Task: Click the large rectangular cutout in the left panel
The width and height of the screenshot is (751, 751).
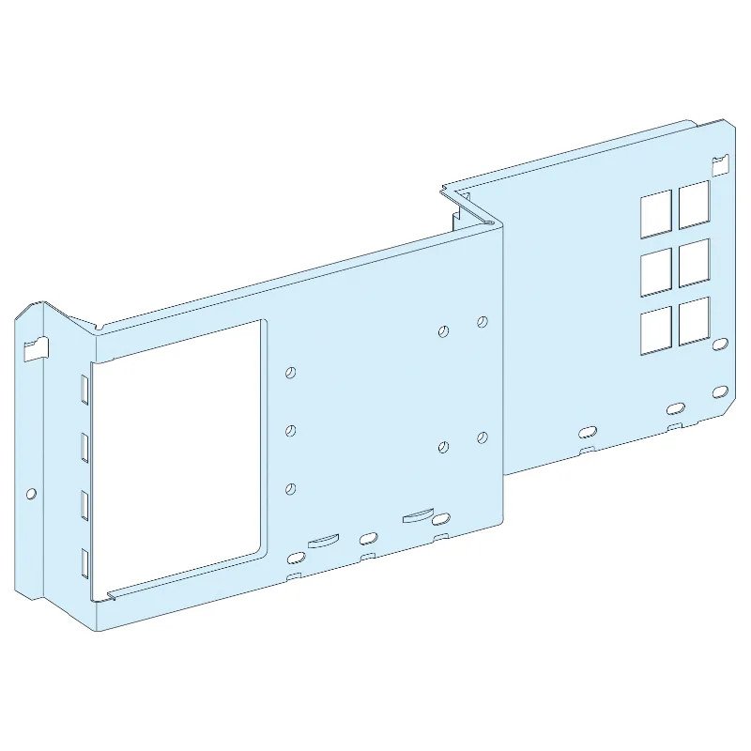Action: click(x=178, y=460)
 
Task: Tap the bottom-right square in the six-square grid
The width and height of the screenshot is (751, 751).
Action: click(x=695, y=321)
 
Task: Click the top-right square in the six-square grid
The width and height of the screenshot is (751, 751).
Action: click(x=695, y=204)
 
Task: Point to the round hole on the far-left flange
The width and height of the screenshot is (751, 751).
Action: click(x=31, y=492)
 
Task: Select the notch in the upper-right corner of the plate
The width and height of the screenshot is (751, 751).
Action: click(x=719, y=166)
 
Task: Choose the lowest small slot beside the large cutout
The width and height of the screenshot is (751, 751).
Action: click(x=84, y=562)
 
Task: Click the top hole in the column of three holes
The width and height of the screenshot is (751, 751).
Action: click(x=291, y=373)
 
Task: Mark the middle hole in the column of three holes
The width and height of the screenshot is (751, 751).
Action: click(x=291, y=430)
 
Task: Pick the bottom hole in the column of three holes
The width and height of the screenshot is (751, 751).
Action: click(x=291, y=487)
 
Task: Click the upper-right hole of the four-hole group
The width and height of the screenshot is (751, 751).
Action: click(x=482, y=322)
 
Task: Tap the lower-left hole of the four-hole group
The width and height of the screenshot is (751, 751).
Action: click(x=443, y=447)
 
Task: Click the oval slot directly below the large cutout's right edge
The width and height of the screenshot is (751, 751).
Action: click(x=295, y=558)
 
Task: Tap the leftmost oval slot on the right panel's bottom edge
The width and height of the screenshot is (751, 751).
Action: click(x=587, y=431)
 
